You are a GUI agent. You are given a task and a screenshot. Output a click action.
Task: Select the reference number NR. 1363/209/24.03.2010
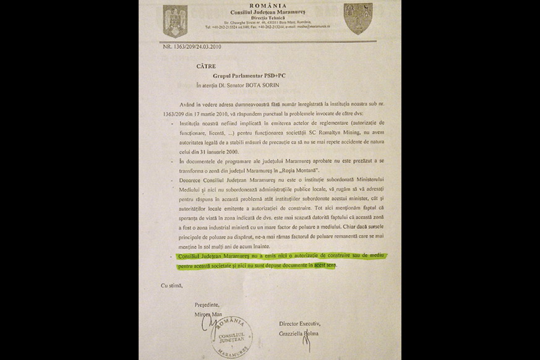(192, 46)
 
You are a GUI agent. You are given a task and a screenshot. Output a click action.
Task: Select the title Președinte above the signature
(208, 305)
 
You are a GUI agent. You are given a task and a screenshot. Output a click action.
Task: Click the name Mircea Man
(208, 314)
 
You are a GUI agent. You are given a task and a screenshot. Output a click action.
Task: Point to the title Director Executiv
(300, 324)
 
